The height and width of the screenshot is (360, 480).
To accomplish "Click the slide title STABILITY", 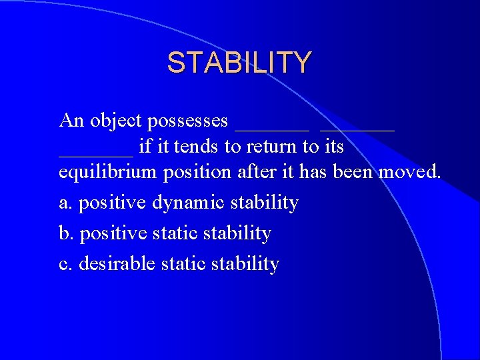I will coord(239,63).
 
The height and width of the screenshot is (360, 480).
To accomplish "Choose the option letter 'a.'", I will coord(66,202).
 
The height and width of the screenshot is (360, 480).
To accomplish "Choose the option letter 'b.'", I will coord(66,233).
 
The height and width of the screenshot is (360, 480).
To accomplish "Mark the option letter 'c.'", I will coord(65,264).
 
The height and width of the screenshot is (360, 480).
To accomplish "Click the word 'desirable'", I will coord(117,264).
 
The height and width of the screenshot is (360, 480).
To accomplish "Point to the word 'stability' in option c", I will coord(245,264).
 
